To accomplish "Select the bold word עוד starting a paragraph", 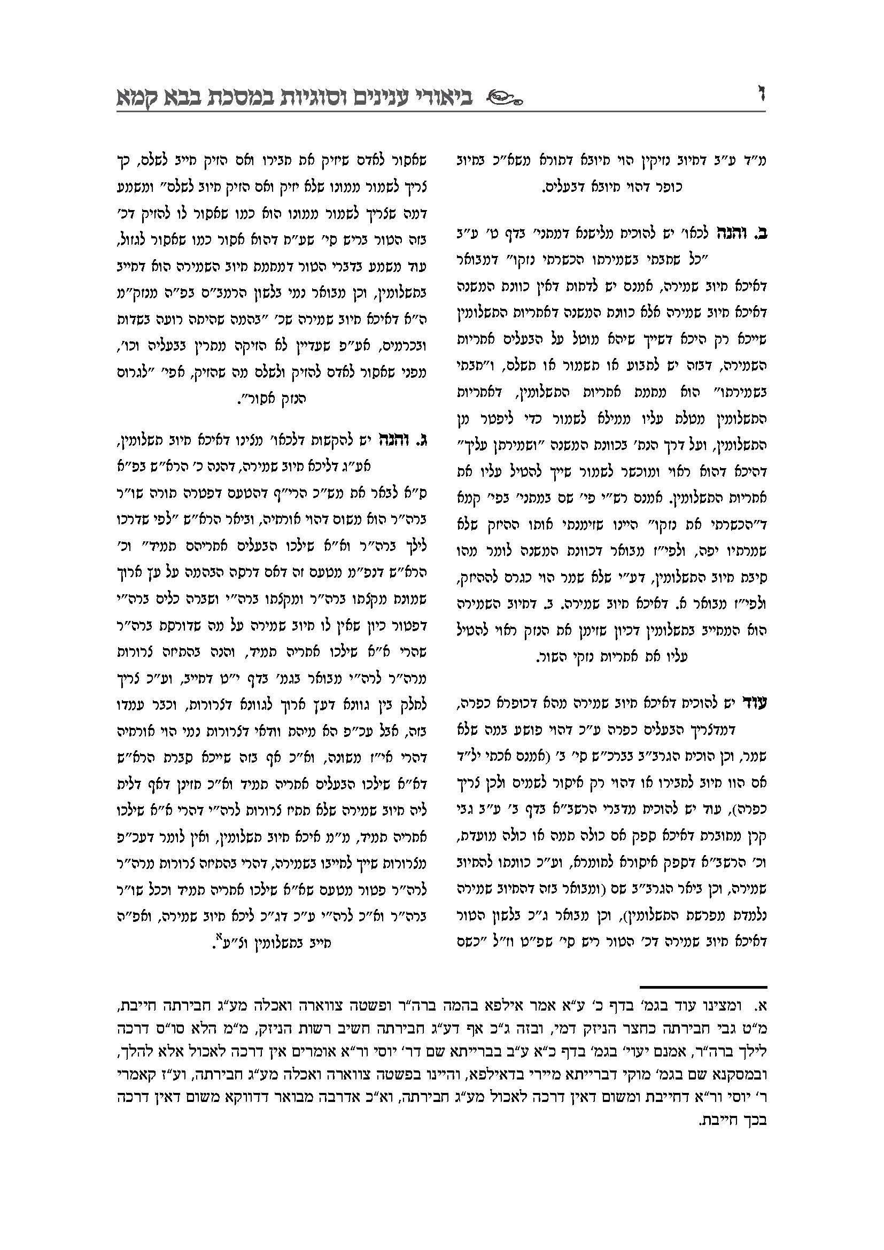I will (x=755, y=703).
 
